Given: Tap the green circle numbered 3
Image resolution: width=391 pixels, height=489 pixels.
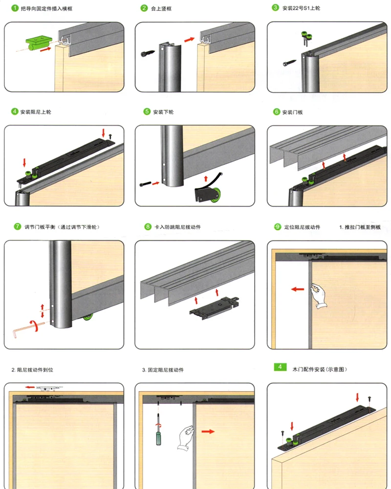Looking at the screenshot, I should click(276, 8).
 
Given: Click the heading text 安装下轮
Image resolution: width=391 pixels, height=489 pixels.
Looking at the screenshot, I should click(163, 112).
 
